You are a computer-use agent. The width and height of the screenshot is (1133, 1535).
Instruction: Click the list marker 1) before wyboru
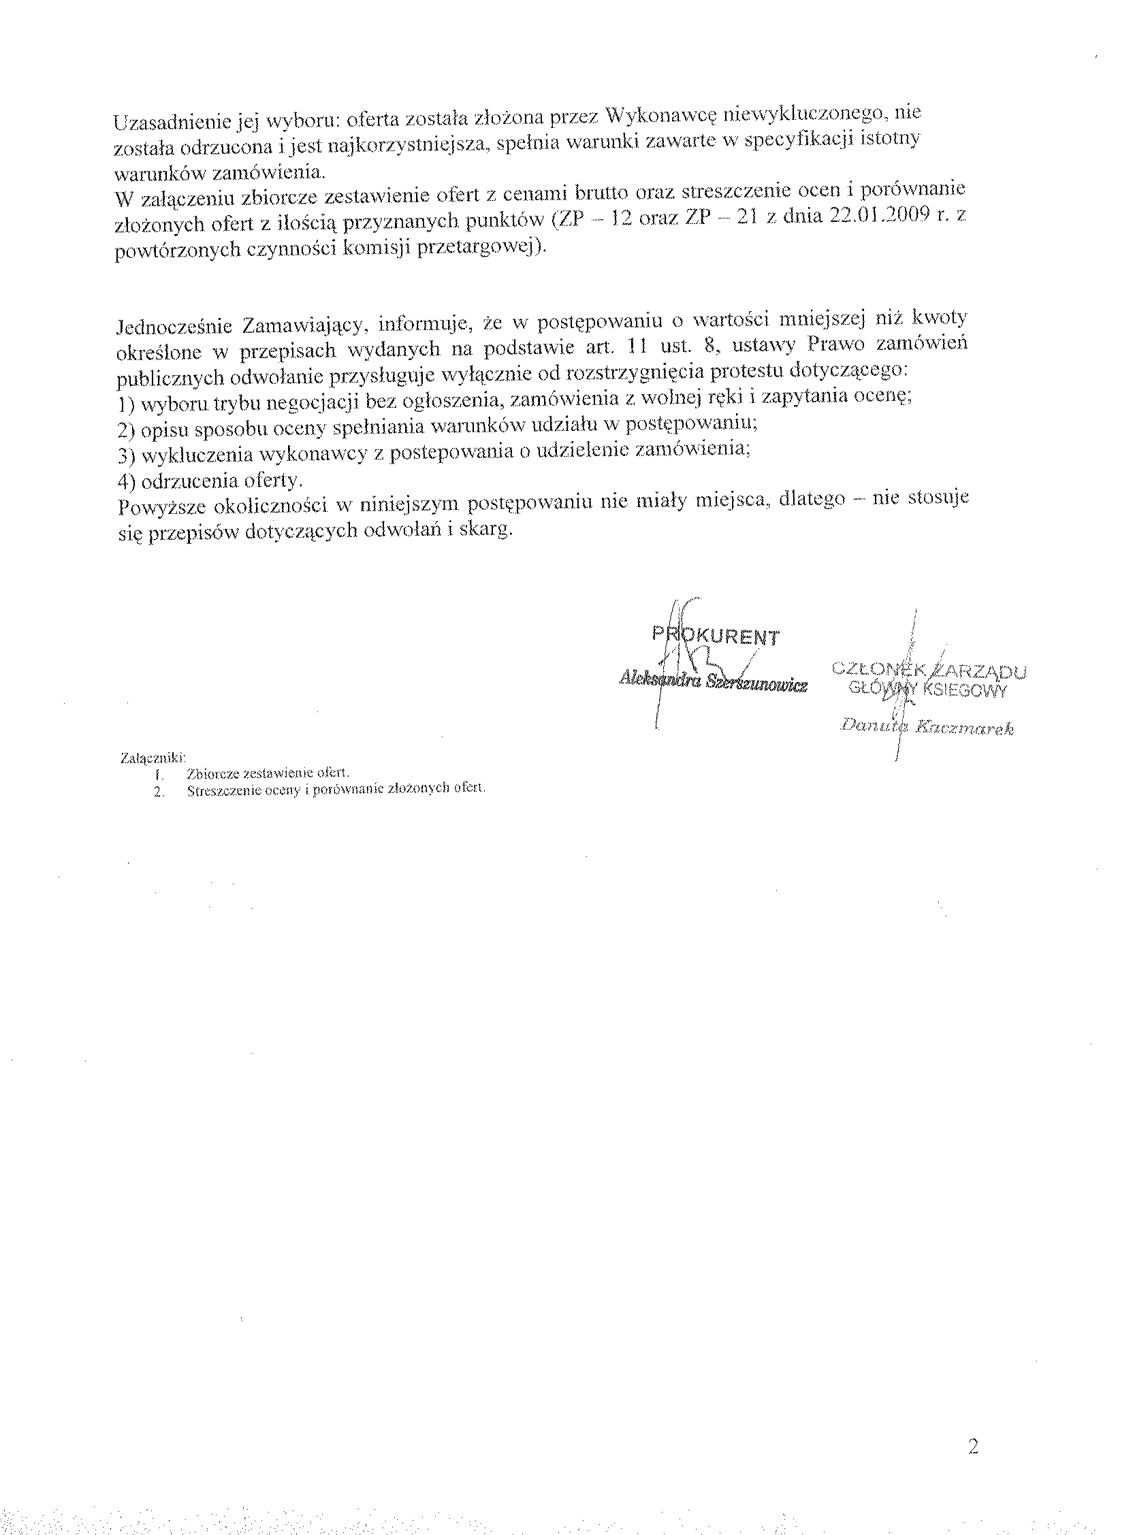coord(125,404)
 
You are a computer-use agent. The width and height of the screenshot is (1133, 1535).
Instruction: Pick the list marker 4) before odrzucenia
coord(125,481)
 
